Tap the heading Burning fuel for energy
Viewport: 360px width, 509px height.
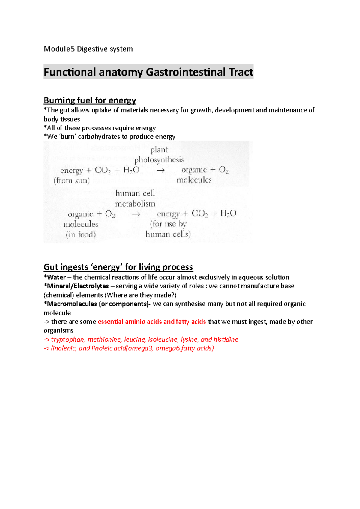90,100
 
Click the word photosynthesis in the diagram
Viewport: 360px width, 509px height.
159,160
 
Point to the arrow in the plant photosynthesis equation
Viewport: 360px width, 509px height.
161,170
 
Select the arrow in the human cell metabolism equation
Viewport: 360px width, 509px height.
136,214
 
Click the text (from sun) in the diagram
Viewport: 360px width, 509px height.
72,180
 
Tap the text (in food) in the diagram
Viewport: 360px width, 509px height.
81,234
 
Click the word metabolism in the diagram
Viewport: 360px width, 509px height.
135,204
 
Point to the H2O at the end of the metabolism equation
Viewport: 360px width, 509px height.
228,213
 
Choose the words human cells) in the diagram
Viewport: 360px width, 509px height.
168,234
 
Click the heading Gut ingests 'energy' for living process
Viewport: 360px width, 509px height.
118,267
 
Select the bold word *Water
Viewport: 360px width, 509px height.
55,277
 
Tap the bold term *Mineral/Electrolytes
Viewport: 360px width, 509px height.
76,286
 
